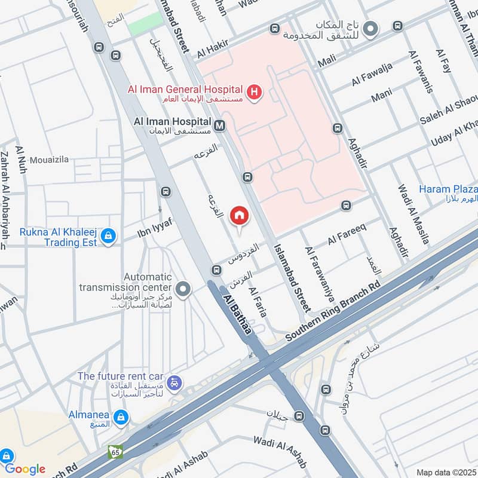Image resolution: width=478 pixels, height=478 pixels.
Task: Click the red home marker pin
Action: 239,215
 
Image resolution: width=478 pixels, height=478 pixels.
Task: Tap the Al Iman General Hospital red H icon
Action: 255,93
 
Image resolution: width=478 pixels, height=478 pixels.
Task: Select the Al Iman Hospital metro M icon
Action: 220,125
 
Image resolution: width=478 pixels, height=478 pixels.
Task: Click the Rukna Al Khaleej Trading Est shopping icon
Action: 108,237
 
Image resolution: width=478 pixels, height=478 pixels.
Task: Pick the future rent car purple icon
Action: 174,382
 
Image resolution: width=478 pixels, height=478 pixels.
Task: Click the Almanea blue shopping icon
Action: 121,416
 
